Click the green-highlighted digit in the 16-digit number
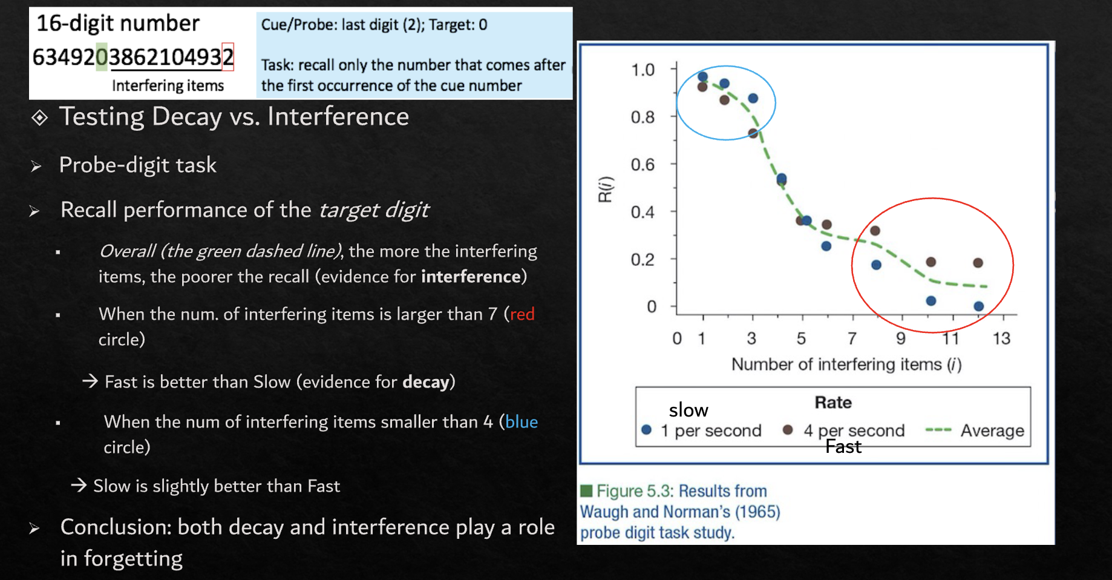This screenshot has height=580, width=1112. click(x=102, y=57)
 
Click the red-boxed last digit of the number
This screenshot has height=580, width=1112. click(x=227, y=57)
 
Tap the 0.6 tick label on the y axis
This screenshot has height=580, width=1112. click(x=643, y=165)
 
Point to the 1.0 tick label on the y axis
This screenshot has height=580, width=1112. click(x=643, y=70)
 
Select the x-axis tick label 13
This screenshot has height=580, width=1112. click(x=1001, y=338)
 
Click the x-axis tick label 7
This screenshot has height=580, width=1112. click(x=852, y=338)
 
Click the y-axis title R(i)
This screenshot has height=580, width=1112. click(x=606, y=189)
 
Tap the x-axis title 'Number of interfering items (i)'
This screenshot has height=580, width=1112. click(x=846, y=364)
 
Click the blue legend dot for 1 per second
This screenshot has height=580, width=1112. click(x=646, y=430)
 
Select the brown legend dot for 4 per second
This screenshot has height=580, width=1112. click(x=788, y=430)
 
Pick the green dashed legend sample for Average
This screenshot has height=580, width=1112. click(x=938, y=430)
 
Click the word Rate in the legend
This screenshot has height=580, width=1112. click(x=833, y=403)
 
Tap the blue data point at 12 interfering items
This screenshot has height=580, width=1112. click(x=979, y=306)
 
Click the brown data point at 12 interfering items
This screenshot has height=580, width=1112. click(x=978, y=263)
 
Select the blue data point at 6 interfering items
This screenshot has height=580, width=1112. click(x=826, y=246)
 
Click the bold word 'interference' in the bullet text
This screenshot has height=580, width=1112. click(x=471, y=277)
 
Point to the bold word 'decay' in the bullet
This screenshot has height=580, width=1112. click(x=426, y=382)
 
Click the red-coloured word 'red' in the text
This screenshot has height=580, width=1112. click(x=522, y=314)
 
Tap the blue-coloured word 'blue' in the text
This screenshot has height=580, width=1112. click(x=522, y=422)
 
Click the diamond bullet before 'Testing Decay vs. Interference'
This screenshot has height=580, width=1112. click(x=39, y=117)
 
